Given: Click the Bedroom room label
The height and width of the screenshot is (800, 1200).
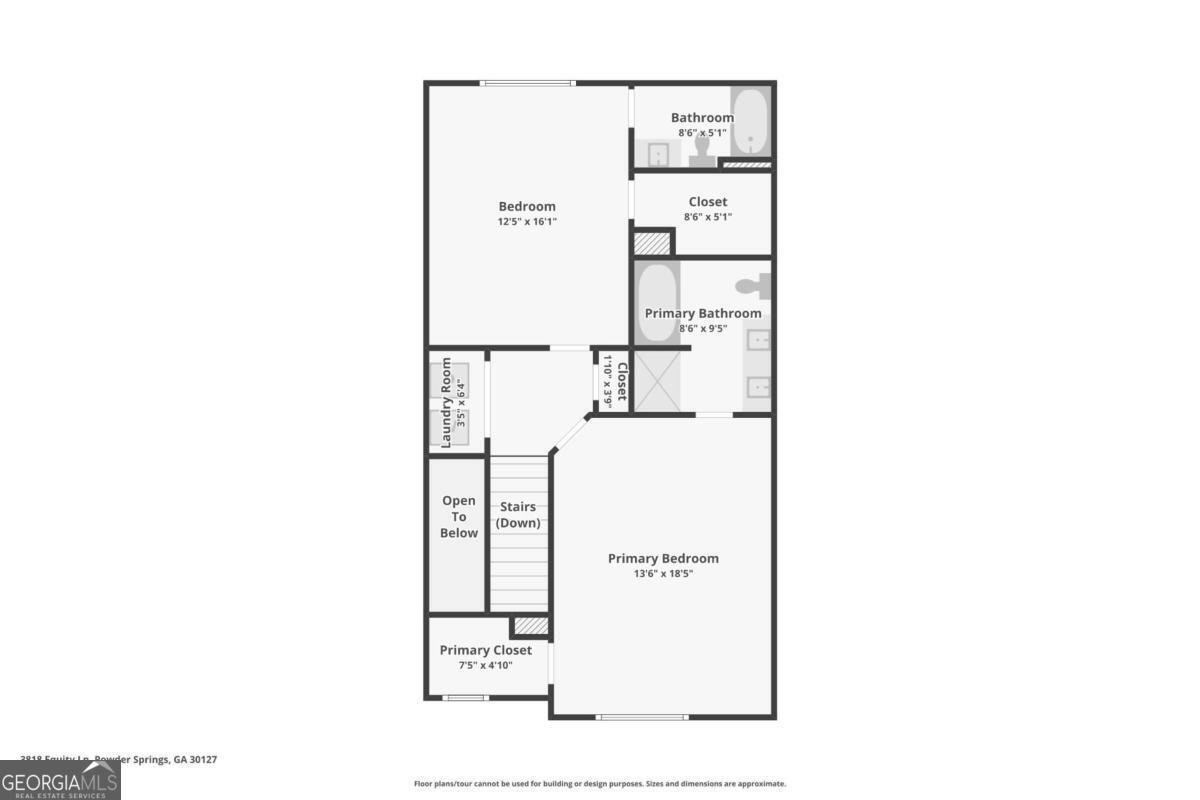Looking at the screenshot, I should point(527,206).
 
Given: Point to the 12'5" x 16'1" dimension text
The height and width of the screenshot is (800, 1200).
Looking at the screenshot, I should point(527,221).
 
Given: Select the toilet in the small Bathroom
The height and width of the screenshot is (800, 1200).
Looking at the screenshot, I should point(701,150).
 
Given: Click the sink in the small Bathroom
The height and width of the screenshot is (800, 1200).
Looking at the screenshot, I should point(658,154).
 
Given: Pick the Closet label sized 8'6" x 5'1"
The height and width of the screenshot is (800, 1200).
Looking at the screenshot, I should point(707,202).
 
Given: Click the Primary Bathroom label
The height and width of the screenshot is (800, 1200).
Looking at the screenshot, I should point(702,313).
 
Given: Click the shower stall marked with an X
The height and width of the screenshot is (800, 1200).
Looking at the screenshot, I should point(657,381).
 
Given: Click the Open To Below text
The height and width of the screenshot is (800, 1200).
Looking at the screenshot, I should point(459,516).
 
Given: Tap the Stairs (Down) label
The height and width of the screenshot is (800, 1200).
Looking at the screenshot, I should point(518,515).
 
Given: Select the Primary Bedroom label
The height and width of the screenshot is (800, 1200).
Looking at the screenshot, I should point(663,558).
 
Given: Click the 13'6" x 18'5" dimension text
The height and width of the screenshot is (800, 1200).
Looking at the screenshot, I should point(663,574).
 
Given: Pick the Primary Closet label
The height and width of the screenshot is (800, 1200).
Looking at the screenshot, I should point(486,650).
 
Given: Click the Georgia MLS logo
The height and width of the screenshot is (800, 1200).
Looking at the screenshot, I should point(60,780).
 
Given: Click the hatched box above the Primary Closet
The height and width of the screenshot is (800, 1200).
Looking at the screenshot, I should point(531,626).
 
